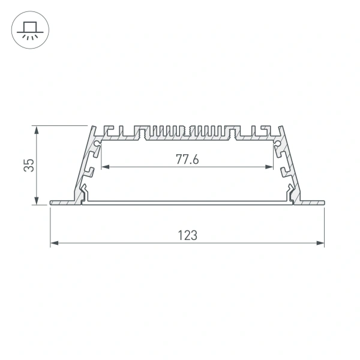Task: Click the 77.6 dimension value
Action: pyautogui.click(x=187, y=159)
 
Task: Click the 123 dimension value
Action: pyautogui.click(x=187, y=235)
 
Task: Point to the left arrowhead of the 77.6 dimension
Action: pyautogui.click(x=103, y=167)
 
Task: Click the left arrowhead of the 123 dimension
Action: pyautogui.click(x=52, y=243)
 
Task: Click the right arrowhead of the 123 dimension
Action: pyautogui.click(x=321, y=243)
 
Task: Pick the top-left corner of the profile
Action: pyautogui.click(x=94, y=127)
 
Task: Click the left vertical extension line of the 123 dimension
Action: pyautogui.click(x=49, y=225)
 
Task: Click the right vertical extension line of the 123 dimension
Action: pyautogui.click(x=324, y=225)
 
